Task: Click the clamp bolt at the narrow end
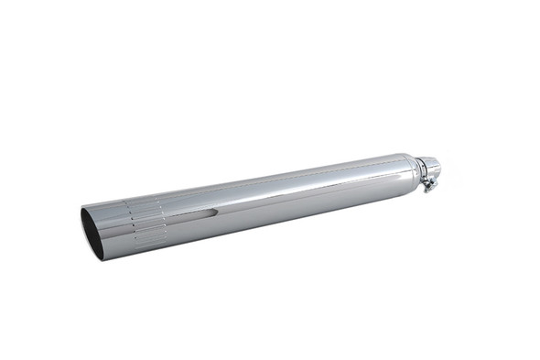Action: click(427, 187)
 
